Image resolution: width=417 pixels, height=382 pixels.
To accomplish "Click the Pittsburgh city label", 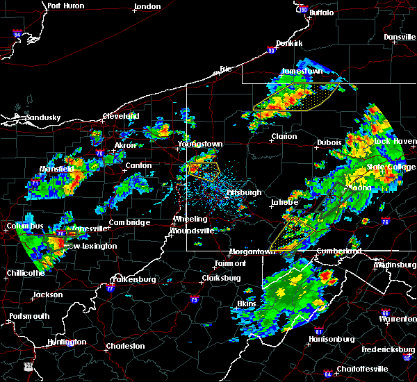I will click(244, 192).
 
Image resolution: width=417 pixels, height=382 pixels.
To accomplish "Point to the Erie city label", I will click(224, 69).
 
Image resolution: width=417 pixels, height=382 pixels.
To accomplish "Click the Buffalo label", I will click(321, 13).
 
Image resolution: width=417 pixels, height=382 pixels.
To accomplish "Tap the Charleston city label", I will click(126, 346).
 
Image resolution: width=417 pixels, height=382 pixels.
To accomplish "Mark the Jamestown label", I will click(302, 71).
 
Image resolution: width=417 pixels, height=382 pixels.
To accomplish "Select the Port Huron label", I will click(67, 6).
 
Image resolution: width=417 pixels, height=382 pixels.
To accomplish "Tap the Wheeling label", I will click(190, 219).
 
